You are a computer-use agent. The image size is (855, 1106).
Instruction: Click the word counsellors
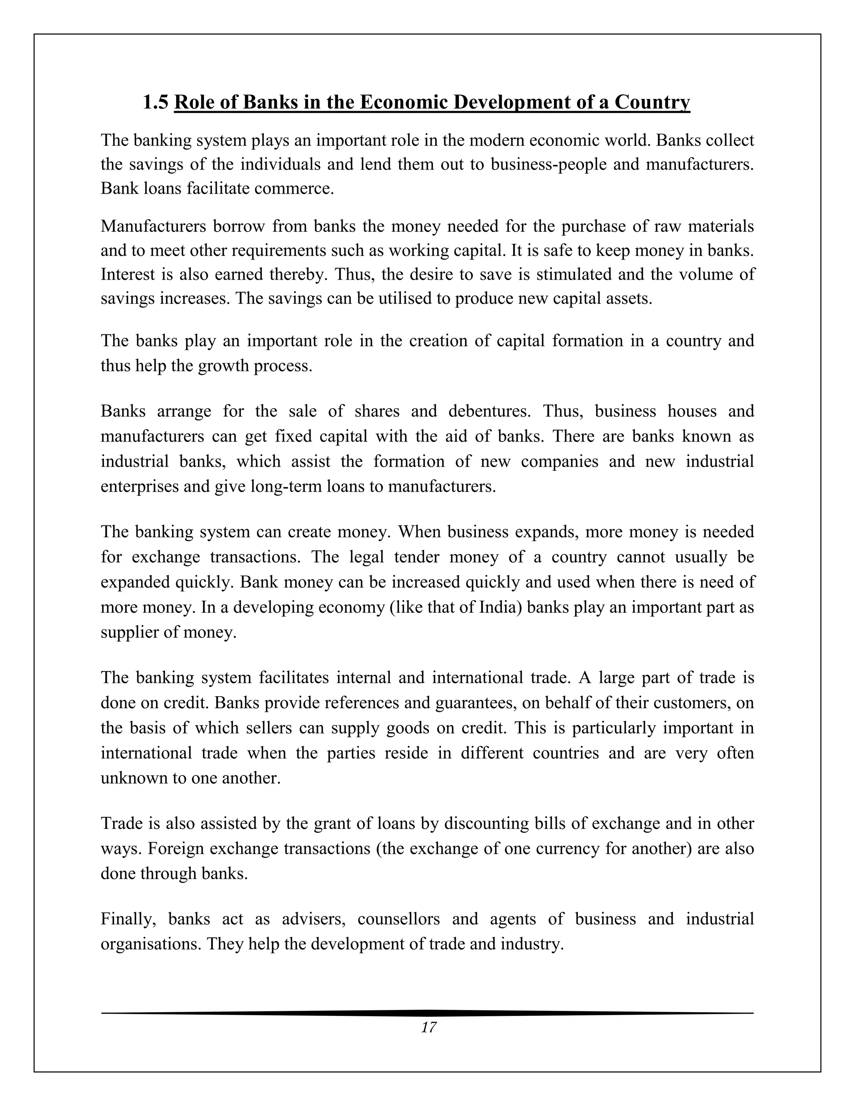399,919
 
